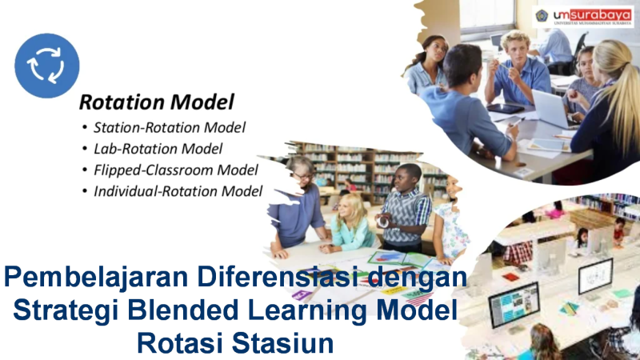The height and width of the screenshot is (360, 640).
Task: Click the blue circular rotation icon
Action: (47, 66)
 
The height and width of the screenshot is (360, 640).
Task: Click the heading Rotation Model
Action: (156, 102)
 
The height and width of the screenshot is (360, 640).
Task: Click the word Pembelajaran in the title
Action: (96, 278)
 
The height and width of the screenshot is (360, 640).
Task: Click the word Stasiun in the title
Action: (282, 343)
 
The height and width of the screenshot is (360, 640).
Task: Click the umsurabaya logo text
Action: (592, 15)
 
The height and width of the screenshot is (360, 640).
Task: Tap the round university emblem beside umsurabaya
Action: (542, 15)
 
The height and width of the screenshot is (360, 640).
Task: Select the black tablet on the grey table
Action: (506, 109)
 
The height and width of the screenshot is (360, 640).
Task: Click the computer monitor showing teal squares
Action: (514, 304)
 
